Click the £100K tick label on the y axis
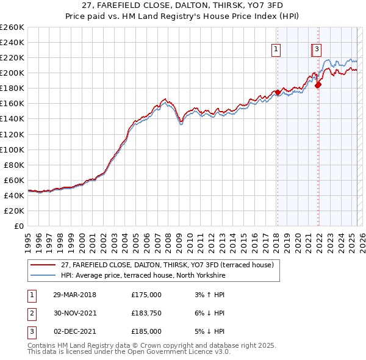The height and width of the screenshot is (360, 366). (12, 149)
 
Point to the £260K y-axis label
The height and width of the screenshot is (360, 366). (12, 27)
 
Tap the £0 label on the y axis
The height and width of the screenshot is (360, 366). (18, 226)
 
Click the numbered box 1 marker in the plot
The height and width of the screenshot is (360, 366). (276, 50)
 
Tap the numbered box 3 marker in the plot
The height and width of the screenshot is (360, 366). (318, 50)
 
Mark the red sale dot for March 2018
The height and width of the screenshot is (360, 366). (277, 92)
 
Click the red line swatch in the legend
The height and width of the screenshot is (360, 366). (43, 265)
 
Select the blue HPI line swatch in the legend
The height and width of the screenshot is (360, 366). (43, 276)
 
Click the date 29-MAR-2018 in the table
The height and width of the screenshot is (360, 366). (74, 295)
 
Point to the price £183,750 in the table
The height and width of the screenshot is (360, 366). (146, 313)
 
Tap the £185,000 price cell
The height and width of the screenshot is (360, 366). (146, 331)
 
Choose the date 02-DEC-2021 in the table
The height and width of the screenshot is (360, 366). (74, 331)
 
